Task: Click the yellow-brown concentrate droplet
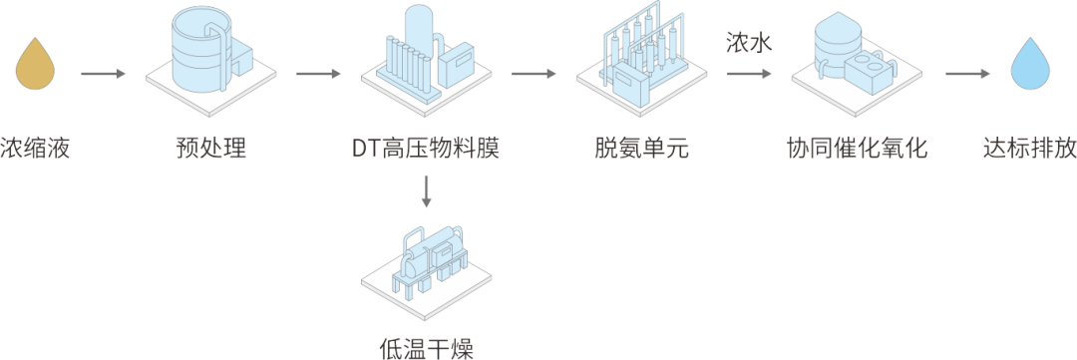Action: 35,65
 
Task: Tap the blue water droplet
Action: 1029,65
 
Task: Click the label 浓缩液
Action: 35,148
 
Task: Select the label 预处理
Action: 210,148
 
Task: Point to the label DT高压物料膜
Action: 426,148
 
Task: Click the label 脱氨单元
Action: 641,148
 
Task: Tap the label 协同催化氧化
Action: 857,148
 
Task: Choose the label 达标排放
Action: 1029,148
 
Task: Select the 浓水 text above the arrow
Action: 750,44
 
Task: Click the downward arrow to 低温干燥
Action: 427,191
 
